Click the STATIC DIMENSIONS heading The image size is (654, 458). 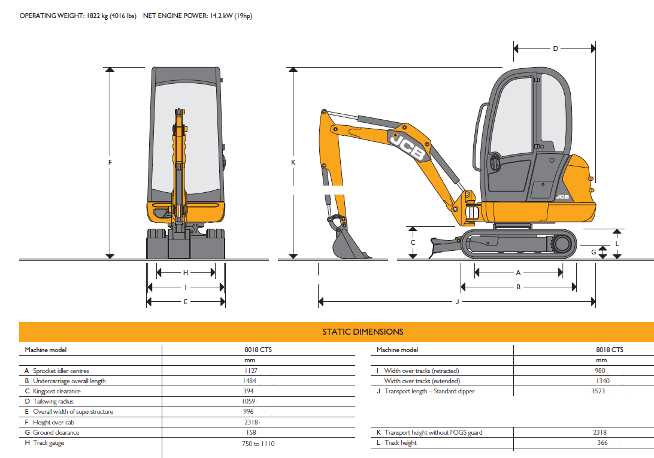pos(363,332)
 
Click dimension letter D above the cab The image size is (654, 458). pos(555,49)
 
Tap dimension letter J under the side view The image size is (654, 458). pos(457,302)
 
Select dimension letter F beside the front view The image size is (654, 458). pos(110,162)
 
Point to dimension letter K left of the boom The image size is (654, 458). pos(293,162)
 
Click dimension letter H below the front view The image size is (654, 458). pos(186,273)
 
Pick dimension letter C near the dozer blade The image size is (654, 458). pos(413,242)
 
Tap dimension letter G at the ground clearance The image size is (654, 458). pos(594,252)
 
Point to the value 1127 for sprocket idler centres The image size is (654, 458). pos(251,371)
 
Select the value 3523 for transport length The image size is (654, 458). pos(598,391)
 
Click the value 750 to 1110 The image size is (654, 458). pos(258,444)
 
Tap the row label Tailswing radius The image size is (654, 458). pos(53,401)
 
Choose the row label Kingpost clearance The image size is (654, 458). pos(57,391)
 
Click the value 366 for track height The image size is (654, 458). pos(602,442)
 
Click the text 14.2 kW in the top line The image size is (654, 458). pos(222,16)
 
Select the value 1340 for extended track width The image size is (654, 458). pos(602,381)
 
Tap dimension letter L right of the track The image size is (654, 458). pos(617,244)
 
